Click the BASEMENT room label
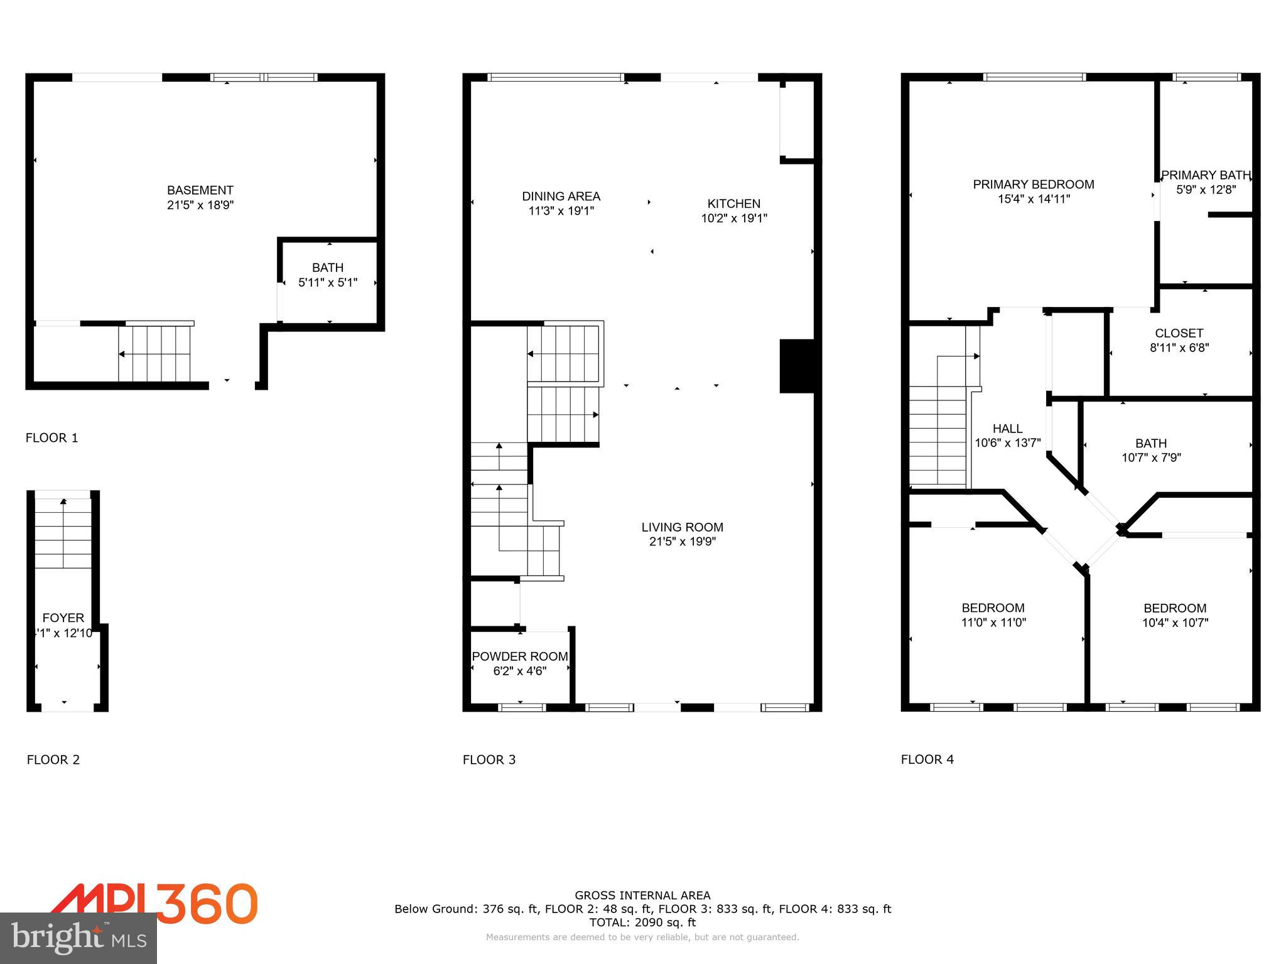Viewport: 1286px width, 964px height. (x=200, y=190)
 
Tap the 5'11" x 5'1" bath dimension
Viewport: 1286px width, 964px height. (x=327, y=282)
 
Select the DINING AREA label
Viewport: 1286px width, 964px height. (x=561, y=196)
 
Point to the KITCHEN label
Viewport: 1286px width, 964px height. (x=733, y=204)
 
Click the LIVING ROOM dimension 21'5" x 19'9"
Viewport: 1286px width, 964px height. (x=682, y=542)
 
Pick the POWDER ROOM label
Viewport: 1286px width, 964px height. (x=519, y=656)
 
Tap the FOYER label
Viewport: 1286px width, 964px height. (x=63, y=618)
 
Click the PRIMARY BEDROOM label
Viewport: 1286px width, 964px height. (x=1033, y=185)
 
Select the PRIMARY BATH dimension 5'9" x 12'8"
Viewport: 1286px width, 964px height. (x=1206, y=190)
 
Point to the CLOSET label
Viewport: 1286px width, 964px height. (x=1179, y=333)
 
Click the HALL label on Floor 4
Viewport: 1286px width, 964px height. (x=1007, y=429)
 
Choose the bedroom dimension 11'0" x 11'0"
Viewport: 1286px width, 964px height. (x=993, y=623)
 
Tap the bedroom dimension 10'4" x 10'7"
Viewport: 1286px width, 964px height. (x=1174, y=623)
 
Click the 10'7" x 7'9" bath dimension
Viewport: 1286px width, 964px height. (x=1151, y=458)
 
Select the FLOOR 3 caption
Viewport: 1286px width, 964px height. (x=489, y=759)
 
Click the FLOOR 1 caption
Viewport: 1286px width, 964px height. (x=51, y=438)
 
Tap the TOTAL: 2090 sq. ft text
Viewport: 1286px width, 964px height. (x=642, y=923)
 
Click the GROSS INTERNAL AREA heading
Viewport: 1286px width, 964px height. (x=642, y=896)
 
